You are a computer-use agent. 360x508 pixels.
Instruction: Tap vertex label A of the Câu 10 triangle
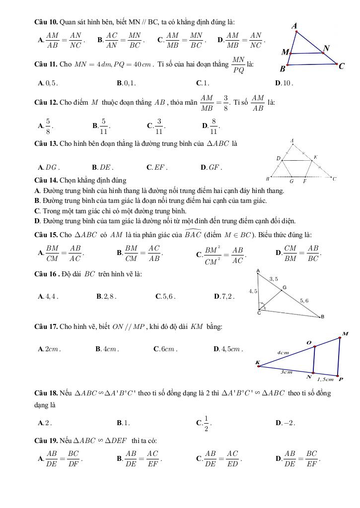294,25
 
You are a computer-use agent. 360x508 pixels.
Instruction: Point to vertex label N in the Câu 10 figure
326,49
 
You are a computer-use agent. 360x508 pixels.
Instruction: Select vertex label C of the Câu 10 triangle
342,66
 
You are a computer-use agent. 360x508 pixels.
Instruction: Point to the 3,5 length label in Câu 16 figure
273,279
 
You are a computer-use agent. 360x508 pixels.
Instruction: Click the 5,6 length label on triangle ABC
303,301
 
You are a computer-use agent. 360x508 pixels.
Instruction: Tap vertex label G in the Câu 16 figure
285,287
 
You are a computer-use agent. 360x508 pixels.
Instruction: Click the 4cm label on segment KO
283,353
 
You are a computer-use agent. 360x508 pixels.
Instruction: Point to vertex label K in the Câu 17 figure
257,362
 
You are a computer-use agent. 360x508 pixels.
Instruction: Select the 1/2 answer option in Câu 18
204,423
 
